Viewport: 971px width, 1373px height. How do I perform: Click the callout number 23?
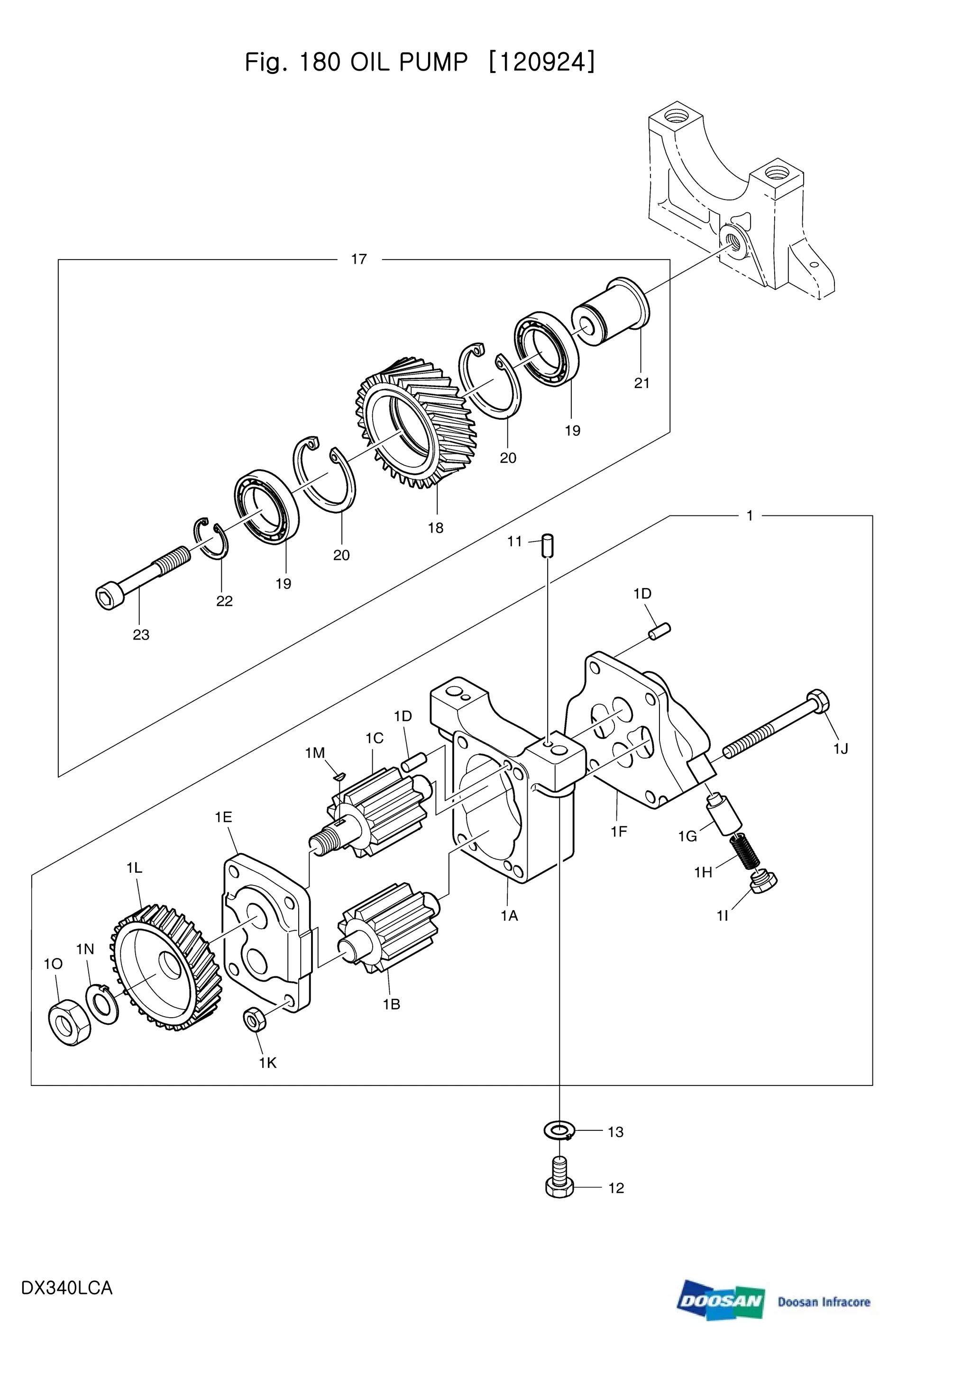141,634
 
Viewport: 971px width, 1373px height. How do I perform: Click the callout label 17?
359,259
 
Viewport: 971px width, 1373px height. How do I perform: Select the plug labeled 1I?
763,882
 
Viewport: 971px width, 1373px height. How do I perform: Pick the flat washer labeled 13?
559,1129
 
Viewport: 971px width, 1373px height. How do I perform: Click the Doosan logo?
721,1301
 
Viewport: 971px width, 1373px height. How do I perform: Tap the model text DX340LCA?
66,1288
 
